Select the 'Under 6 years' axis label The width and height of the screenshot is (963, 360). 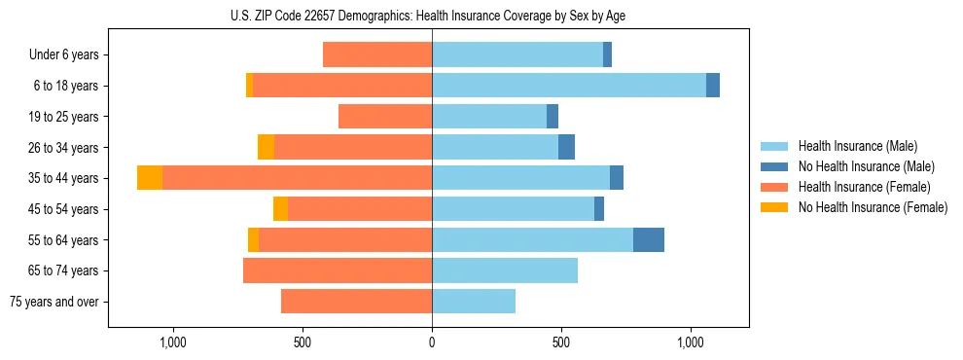[x=63, y=54]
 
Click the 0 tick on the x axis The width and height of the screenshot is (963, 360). [x=432, y=342]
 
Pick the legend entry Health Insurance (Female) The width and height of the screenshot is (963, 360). [x=864, y=187]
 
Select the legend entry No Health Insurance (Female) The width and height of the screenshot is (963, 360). [x=873, y=207]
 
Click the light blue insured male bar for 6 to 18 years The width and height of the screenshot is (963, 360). [x=569, y=86]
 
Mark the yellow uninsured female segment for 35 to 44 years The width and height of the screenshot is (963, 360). [x=150, y=178]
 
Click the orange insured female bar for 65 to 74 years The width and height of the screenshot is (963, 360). [x=338, y=270]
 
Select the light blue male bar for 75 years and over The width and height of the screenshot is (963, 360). [x=474, y=302]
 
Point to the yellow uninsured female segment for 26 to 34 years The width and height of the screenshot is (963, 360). [x=266, y=147]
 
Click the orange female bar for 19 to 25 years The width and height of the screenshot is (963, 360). [x=385, y=117]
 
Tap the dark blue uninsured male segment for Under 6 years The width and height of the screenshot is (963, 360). [x=607, y=54]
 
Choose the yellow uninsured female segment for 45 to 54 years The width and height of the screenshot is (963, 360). [x=280, y=209]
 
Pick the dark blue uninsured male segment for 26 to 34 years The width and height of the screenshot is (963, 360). [x=566, y=147]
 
